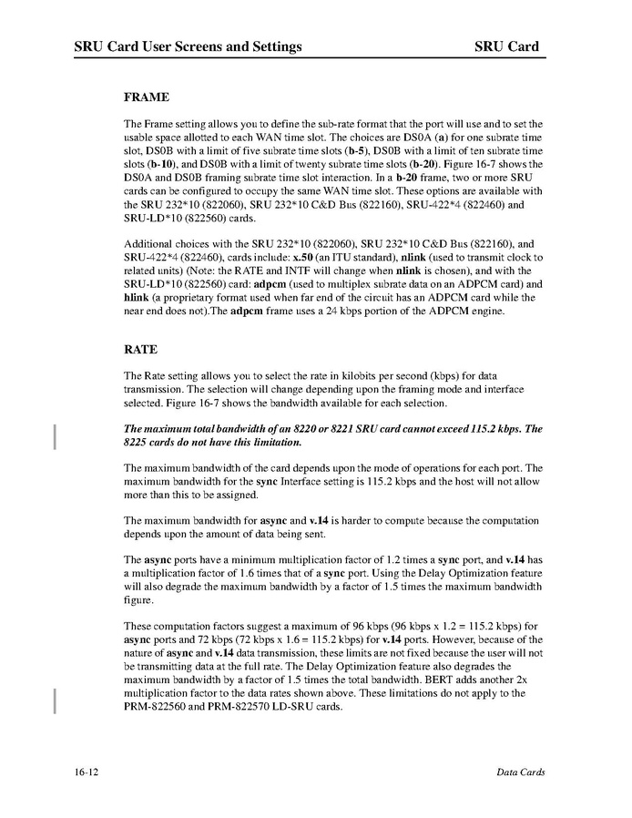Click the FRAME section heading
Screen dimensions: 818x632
pos(147,96)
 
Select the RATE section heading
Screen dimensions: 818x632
pos(141,349)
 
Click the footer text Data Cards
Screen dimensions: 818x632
pos(521,772)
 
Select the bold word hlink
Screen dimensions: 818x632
pos(137,298)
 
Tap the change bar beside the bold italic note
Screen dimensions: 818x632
pos(56,436)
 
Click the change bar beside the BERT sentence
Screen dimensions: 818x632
pos(56,700)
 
